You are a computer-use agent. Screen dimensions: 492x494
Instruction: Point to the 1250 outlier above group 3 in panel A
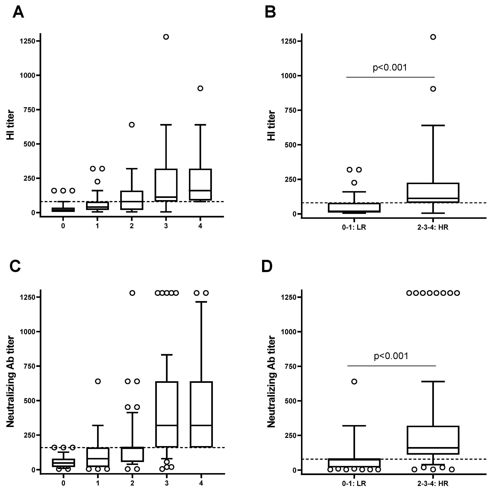click(166, 37)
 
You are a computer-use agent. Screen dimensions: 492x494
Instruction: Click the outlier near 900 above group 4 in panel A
click(200, 88)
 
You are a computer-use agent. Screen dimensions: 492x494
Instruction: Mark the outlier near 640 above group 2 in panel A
click(132, 125)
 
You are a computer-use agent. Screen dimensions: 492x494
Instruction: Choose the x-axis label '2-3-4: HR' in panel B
click(433, 227)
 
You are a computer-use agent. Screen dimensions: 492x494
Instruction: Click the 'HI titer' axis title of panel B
click(272, 125)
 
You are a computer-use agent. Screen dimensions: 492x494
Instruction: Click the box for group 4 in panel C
click(201, 414)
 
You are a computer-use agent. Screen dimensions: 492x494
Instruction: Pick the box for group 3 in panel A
click(166, 185)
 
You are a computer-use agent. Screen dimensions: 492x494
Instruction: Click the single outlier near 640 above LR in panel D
click(354, 382)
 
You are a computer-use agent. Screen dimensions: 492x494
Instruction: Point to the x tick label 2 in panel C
click(132, 483)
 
